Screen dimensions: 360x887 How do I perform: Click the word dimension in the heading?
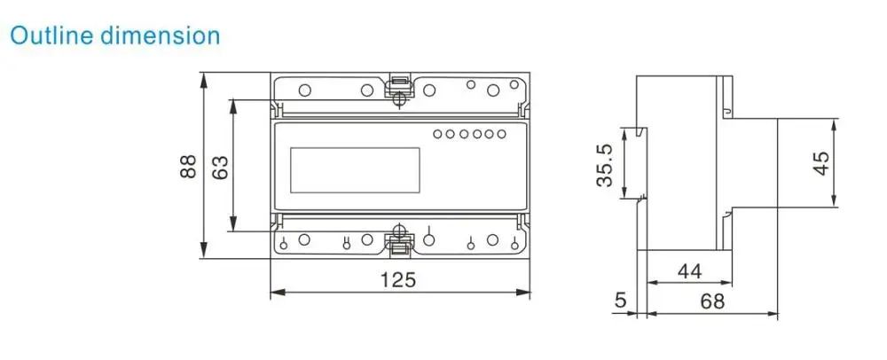coord(160,35)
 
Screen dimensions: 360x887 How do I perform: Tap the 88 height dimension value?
coord(188,168)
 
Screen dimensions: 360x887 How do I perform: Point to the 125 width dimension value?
coord(398,280)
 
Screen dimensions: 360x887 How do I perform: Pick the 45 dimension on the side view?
coord(821,163)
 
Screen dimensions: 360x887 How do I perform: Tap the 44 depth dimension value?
coord(690,271)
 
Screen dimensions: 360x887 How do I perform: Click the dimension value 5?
coord(620,301)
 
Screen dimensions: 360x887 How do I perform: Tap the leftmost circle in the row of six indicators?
coord(437,135)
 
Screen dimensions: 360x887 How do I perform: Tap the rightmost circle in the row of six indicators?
coord(501,135)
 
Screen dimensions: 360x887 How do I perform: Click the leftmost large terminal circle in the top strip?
coord(304,90)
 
